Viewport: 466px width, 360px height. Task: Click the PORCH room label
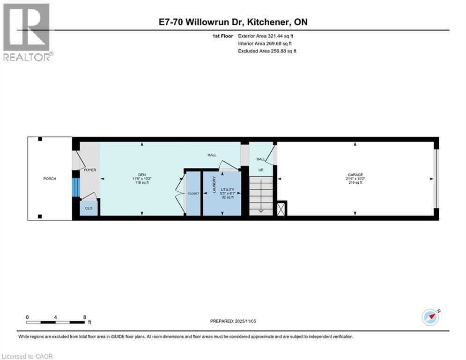point(50,179)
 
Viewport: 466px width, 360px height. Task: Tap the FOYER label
point(89,170)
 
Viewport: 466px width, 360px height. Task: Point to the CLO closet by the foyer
point(89,209)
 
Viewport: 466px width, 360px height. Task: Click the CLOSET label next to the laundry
point(193,194)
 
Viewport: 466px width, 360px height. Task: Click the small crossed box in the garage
point(282,209)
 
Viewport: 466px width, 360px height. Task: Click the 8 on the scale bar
point(85,317)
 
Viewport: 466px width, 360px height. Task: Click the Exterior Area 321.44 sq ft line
point(266,36)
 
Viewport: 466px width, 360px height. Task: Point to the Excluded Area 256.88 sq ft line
point(267,51)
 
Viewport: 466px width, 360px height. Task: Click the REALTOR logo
point(27,31)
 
